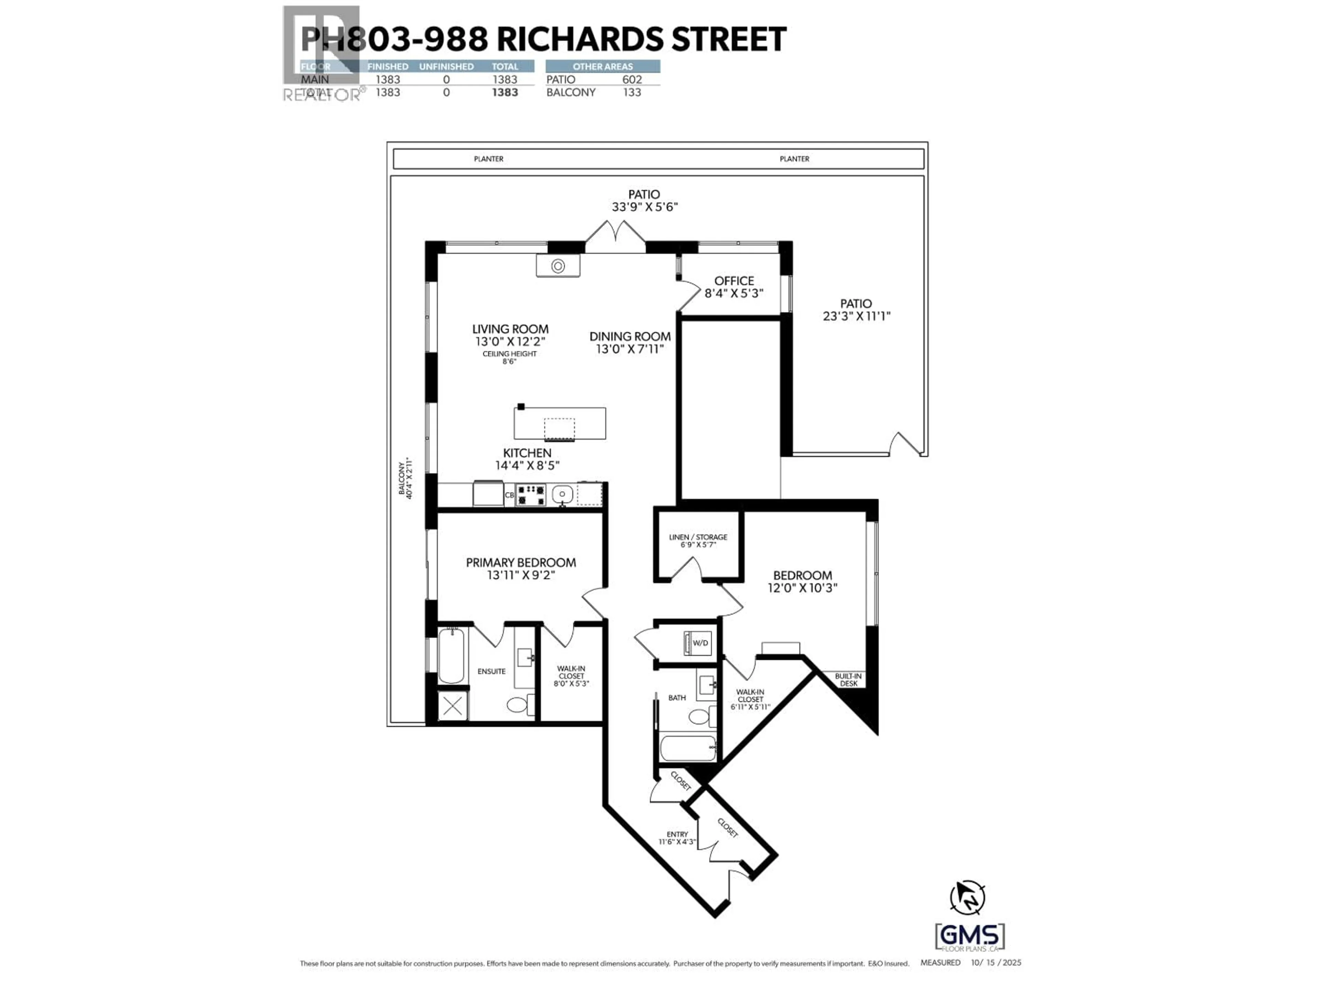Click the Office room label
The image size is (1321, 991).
pyautogui.click(x=734, y=281)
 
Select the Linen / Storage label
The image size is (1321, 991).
pyautogui.click(x=698, y=537)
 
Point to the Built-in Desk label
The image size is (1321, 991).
pyautogui.click(x=848, y=680)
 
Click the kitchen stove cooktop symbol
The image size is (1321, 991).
pyautogui.click(x=530, y=494)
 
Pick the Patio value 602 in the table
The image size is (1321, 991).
pyautogui.click(x=632, y=79)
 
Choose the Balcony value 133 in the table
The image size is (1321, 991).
pyautogui.click(x=632, y=93)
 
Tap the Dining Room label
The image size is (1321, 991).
pyautogui.click(x=630, y=336)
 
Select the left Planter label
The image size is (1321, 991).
pyautogui.click(x=488, y=159)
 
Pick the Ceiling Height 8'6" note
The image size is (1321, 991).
pyautogui.click(x=509, y=357)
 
